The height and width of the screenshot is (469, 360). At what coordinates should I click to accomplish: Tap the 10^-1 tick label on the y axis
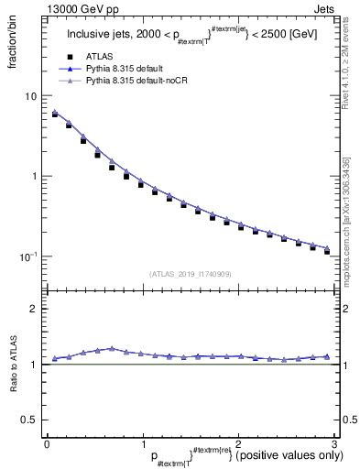tap(27, 256)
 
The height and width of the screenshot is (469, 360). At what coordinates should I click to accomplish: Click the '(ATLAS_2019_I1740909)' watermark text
tap(189, 273)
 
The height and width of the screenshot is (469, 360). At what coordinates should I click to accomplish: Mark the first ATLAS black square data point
tap(55, 115)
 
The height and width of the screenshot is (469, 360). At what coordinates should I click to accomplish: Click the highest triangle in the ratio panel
tap(111, 348)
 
